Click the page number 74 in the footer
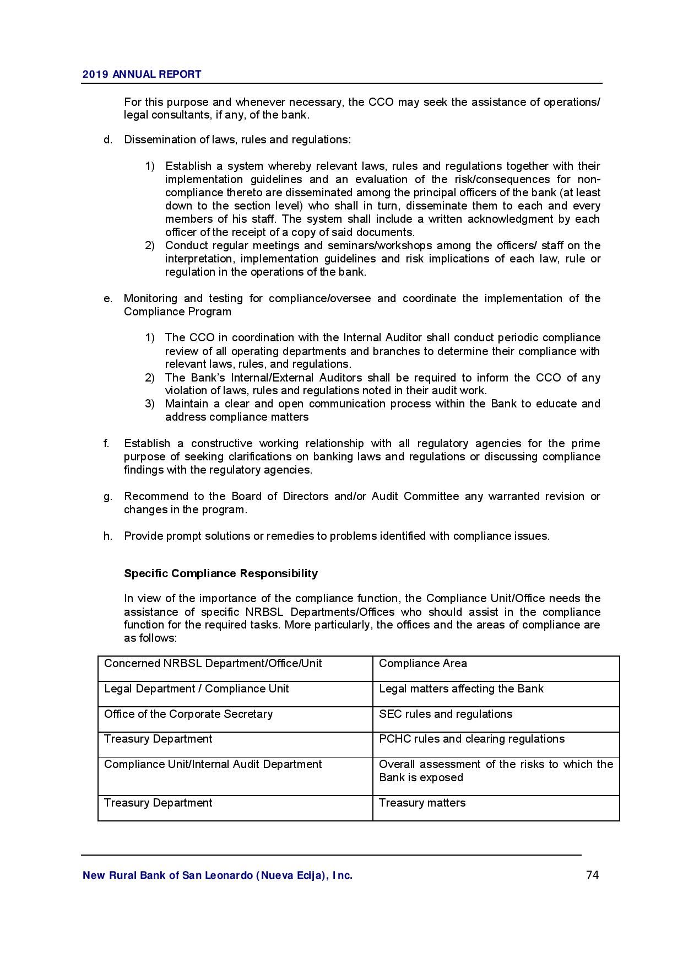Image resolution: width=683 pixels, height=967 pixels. point(592,875)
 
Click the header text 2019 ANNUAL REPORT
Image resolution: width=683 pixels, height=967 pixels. point(142,74)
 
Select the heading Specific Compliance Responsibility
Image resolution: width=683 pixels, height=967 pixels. point(221,573)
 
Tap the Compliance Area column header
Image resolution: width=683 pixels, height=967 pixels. point(422,663)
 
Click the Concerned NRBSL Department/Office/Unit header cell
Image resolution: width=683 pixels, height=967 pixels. point(213,663)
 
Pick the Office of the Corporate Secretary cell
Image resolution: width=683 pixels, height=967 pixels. point(188,714)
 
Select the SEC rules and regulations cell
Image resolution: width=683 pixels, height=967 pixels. point(445,714)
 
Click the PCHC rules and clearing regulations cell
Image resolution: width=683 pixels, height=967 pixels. point(471,739)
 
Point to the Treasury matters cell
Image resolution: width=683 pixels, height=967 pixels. point(422,803)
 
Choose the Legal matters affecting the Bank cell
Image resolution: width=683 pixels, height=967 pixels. point(461,689)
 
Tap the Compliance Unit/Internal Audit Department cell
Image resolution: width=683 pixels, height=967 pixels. point(213,764)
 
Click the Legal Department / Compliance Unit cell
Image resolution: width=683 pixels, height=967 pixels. point(196,689)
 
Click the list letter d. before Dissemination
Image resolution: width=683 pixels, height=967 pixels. point(107,139)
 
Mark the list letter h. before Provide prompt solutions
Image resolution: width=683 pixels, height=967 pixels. point(107,536)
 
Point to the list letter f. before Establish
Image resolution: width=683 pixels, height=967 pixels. point(106,443)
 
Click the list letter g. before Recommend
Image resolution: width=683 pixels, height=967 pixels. point(107,496)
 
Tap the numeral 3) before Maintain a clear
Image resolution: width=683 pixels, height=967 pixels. point(149,404)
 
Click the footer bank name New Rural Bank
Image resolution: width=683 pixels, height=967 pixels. point(217,875)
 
